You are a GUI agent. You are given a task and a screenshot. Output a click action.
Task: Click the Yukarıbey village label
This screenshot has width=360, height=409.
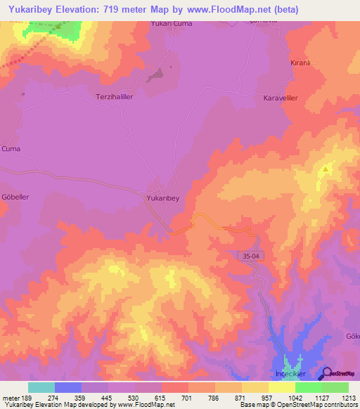tap(162, 199)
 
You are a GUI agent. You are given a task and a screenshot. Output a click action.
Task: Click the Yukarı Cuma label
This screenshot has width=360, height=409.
tap(171, 23)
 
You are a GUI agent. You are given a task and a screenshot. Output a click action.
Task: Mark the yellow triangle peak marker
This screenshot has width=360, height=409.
tap(326, 169)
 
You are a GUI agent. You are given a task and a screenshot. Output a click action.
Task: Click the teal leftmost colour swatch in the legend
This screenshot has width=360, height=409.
tap(41, 387)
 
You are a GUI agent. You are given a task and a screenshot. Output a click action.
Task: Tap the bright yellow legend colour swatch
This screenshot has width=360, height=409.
tap(282, 387)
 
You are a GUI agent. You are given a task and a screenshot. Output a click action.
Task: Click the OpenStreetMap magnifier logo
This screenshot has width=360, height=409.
tap(327, 375)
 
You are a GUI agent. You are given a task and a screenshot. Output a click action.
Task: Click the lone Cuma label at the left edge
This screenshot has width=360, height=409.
tap(11, 149)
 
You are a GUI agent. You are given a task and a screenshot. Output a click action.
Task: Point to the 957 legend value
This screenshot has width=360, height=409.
tap(255, 397)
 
